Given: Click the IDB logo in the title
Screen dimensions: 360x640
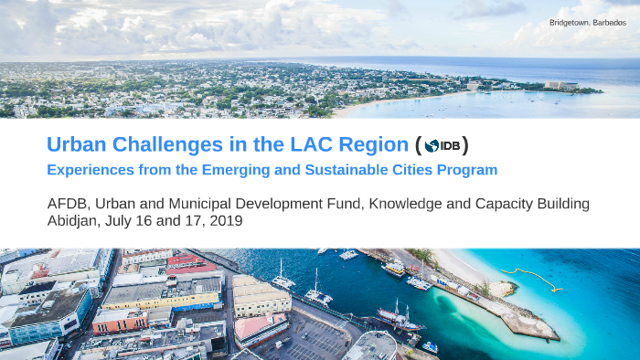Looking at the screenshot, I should [x=443, y=146].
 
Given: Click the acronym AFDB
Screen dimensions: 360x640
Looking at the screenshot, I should [x=67, y=204].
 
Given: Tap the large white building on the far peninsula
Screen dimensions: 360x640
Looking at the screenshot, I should [x=560, y=85].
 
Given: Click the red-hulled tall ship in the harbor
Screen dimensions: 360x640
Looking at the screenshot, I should [x=399, y=319].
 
